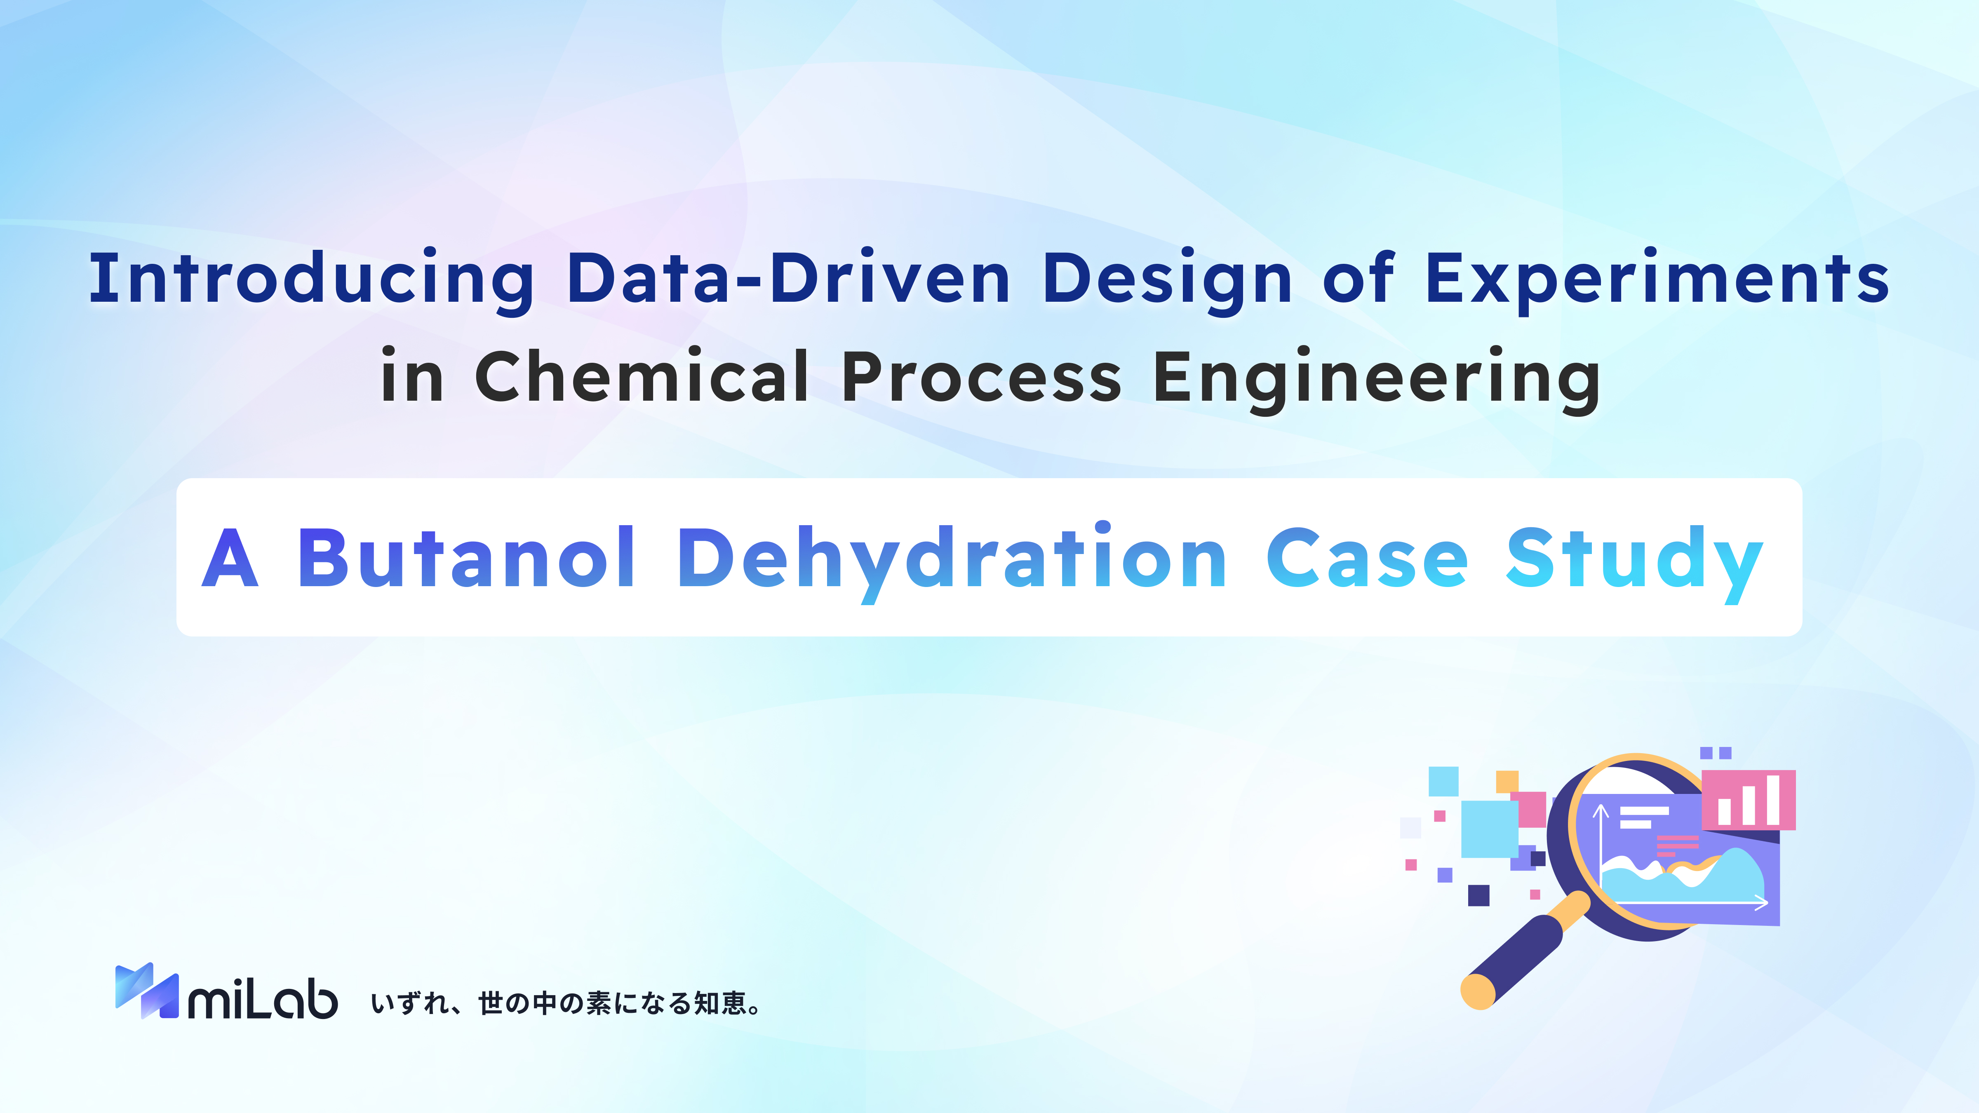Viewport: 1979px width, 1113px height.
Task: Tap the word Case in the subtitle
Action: point(1367,559)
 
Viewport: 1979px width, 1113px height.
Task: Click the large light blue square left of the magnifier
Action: point(1489,829)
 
